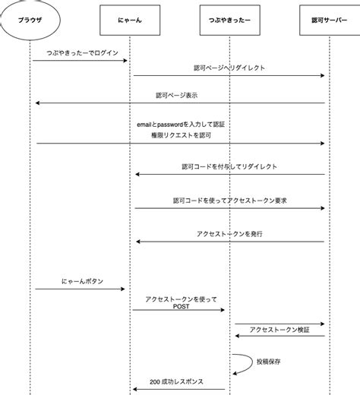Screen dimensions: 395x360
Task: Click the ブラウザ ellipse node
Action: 31,22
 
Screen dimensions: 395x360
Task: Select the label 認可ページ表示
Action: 177,95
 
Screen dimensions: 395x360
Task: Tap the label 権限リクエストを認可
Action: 180,134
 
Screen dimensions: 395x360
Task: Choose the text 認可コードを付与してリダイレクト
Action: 229,166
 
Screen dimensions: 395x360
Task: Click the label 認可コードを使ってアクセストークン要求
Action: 229,201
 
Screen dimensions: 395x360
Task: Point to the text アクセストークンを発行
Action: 229,233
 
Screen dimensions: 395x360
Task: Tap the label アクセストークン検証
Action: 279,330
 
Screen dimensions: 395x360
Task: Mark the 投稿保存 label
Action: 269,362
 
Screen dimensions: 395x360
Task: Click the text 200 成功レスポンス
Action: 176,381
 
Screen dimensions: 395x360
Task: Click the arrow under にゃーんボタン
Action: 79,289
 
